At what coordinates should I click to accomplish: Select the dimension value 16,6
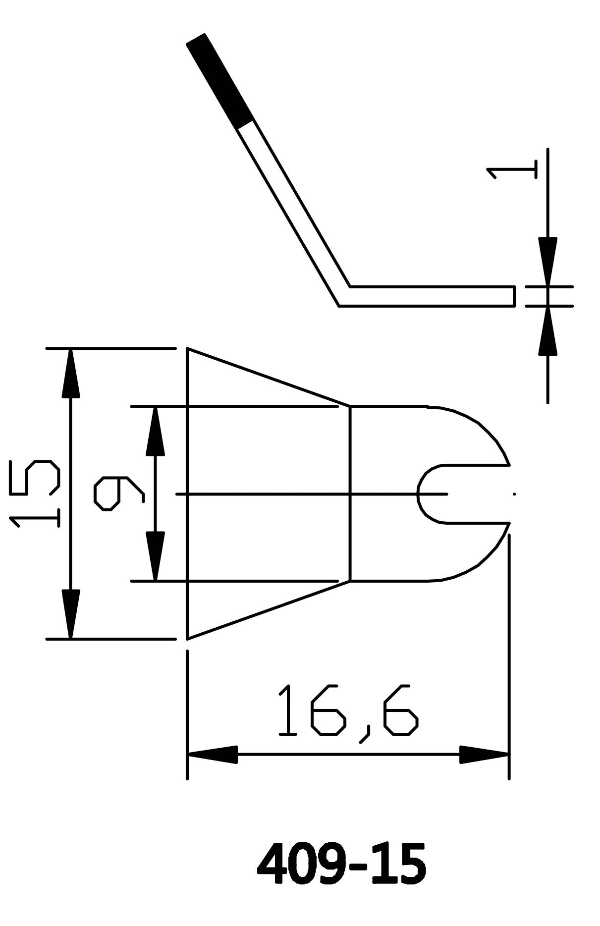click(348, 711)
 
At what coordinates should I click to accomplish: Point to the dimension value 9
click(119, 493)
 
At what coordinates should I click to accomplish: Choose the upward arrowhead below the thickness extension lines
click(547, 331)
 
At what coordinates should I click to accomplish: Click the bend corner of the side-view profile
click(344, 296)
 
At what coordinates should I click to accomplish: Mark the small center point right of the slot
click(514, 494)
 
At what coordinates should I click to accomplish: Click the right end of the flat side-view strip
click(513, 296)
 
